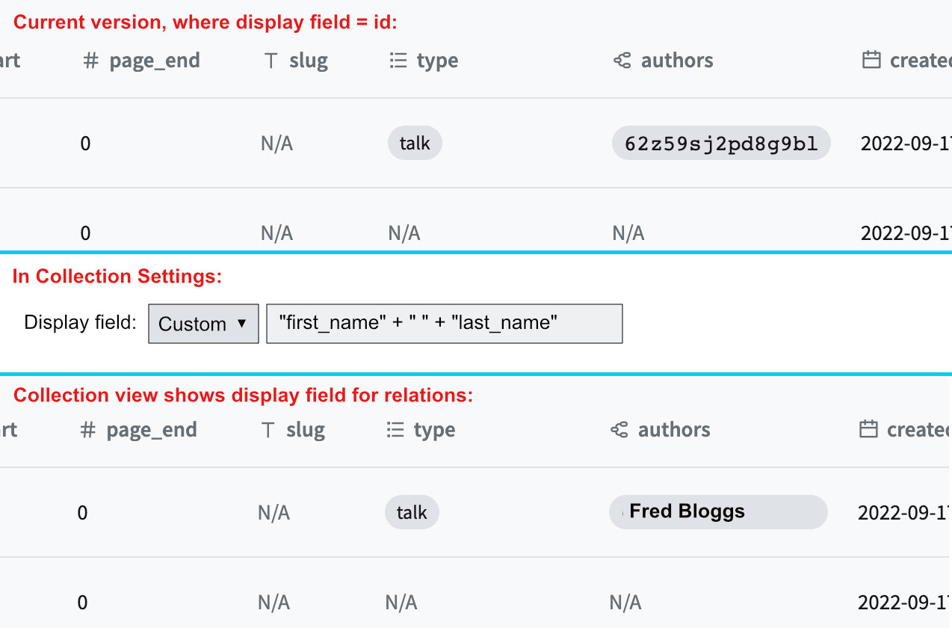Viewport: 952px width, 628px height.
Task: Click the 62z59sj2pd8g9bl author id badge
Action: [x=721, y=144]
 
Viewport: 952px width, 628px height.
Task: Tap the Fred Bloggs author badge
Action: [x=718, y=512]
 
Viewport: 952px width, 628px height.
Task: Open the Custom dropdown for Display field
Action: [x=203, y=324]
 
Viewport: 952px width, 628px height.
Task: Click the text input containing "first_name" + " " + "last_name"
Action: [x=444, y=324]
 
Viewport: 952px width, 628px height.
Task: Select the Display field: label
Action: [x=81, y=323]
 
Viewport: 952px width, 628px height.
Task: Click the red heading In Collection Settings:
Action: [x=117, y=277]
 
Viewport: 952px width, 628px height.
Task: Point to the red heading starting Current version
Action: [x=205, y=22]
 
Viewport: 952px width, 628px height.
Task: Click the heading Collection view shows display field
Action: [x=243, y=395]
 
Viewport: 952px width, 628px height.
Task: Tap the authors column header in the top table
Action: [x=677, y=61]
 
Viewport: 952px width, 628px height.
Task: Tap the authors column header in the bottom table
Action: [x=674, y=430]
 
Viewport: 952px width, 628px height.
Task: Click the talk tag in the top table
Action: [x=415, y=144]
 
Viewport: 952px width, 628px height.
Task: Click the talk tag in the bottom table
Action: [x=412, y=513]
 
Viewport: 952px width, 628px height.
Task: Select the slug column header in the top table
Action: [x=308, y=61]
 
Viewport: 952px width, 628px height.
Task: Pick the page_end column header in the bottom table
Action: [x=152, y=430]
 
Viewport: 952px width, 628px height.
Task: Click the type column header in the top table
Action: [x=437, y=61]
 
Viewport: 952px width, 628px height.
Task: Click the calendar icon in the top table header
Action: [x=871, y=61]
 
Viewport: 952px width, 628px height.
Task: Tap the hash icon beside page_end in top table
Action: [x=91, y=61]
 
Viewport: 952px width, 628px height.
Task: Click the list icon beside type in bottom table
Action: [x=395, y=430]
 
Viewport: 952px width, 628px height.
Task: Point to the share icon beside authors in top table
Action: [x=622, y=61]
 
